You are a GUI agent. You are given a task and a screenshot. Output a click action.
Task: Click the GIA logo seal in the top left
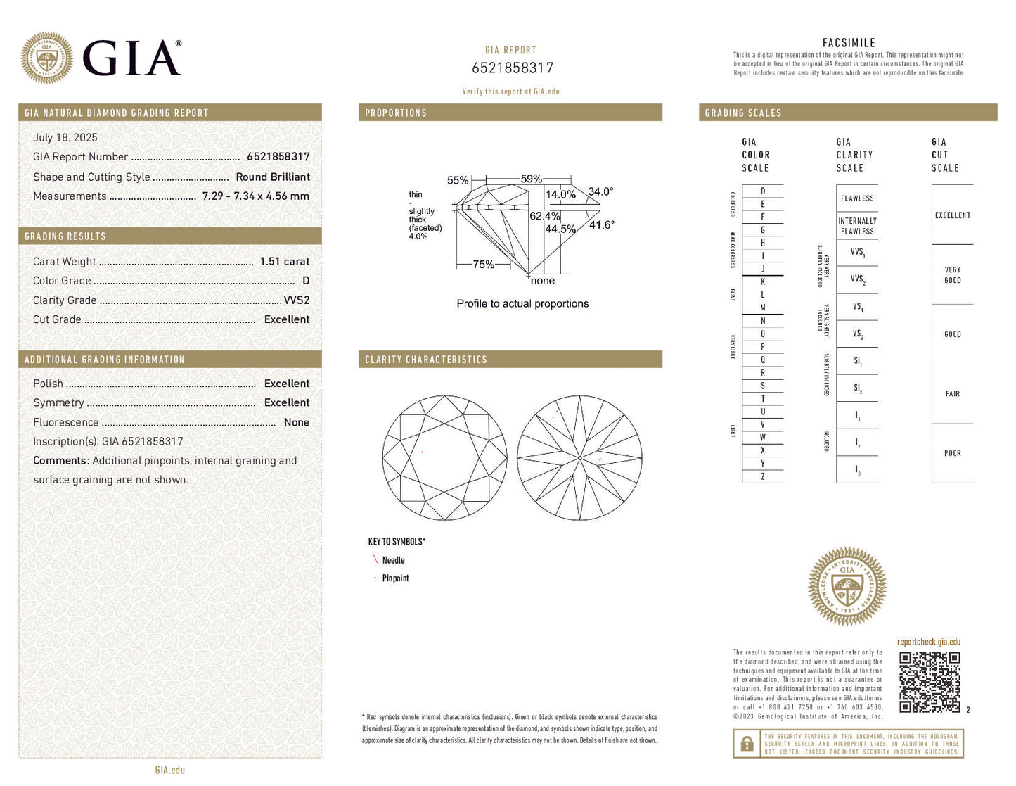(x=46, y=58)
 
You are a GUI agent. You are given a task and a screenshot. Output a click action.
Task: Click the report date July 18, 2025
(x=65, y=138)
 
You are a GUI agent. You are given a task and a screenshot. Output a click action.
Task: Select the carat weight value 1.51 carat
(x=285, y=261)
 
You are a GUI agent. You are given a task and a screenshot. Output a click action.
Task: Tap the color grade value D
(x=306, y=281)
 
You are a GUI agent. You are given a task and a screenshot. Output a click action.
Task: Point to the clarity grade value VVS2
(x=296, y=300)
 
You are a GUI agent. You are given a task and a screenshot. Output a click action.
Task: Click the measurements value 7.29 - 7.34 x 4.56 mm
(x=256, y=196)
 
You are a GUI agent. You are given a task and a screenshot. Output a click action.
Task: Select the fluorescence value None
(x=296, y=422)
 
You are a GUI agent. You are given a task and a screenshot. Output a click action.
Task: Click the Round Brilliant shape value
(x=273, y=177)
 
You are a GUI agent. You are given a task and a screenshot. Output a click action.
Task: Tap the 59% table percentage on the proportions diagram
(x=531, y=179)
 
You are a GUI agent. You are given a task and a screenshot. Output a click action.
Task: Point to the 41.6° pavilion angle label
(x=602, y=225)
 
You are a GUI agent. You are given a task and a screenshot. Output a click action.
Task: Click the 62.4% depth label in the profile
(x=544, y=216)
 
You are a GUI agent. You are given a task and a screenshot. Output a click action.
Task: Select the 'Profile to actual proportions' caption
(x=522, y=304)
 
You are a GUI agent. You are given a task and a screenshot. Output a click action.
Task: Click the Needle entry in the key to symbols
(x=393, y=560)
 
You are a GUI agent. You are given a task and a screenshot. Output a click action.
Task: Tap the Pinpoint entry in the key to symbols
(x=395, y=578)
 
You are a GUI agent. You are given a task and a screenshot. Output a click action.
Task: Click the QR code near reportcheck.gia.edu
(x=930, y=682)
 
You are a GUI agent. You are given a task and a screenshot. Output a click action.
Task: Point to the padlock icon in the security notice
(x=747, y=744)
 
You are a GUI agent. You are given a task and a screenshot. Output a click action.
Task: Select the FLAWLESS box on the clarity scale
(x=857, y=198)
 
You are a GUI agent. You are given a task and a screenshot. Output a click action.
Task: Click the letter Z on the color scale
(x=763, y=477)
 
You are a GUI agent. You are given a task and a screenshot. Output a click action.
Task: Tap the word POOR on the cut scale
(x=952, y=454)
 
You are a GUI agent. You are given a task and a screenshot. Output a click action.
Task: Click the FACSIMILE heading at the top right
(x=849, y=43)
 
